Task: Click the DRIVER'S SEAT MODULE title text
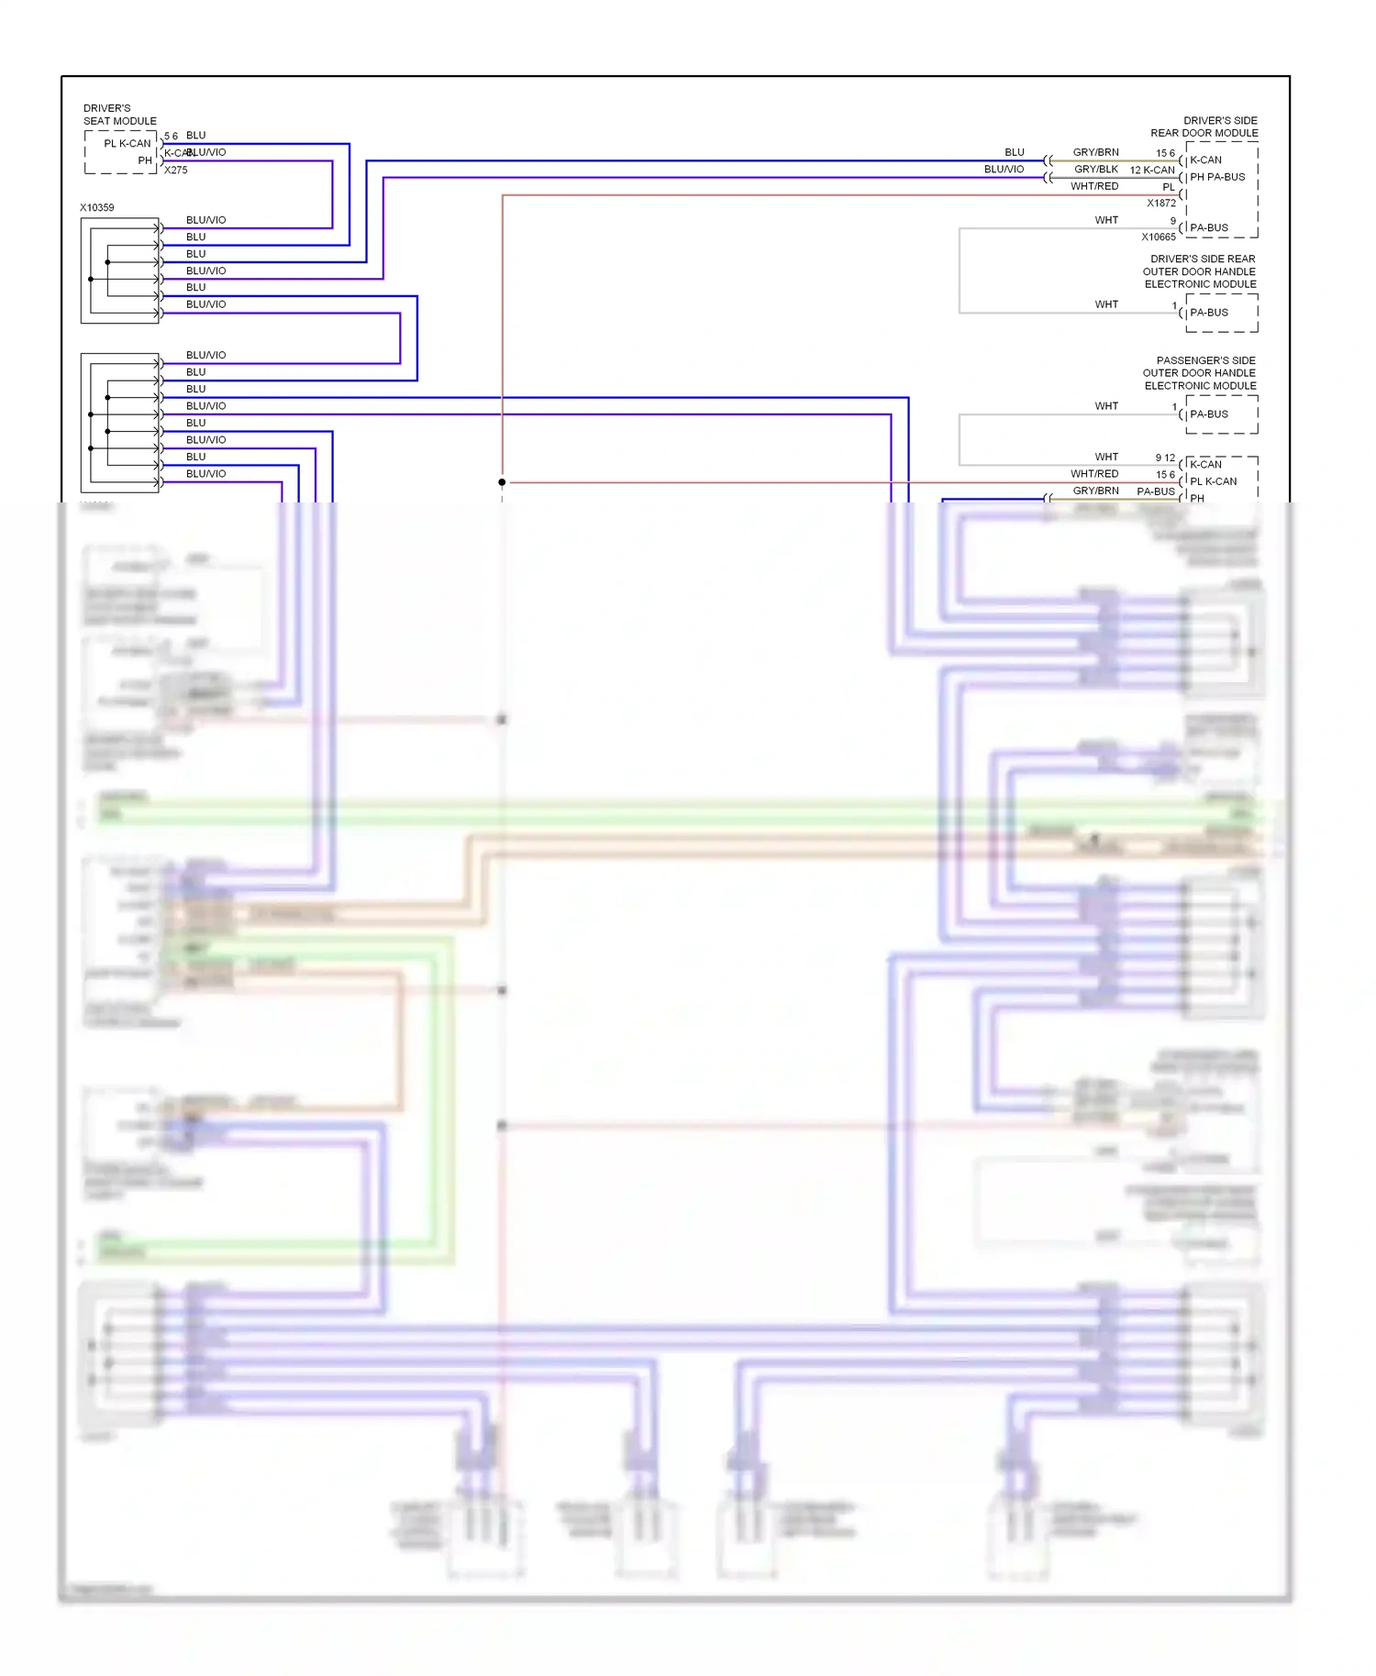[x=119, y=115]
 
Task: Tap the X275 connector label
[x=175, y=171]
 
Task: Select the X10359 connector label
[x=97, y=208]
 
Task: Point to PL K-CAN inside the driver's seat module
[x=127, y=144]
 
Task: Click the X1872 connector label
[x=1160, y=204]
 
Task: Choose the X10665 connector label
[x=1158, y=237]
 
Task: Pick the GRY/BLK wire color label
[x=1095, y=170]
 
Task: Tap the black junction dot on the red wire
[x=502, y=482]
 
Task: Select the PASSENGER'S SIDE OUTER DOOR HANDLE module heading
[x=1200, y=373]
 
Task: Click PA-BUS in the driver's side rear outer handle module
[x=1208, y=313]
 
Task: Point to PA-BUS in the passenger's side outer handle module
[x=1208, y=414]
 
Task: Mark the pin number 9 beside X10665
[x=1172, y=221]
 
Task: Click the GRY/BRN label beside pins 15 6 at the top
[x=1095, y=152]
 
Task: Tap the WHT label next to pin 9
[x=1106, y=220]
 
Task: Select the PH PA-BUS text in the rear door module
[x=1217, y=178]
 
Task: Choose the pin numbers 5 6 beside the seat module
[x=171, y=137]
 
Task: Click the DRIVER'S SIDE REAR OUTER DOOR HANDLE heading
[x=1200, y=271]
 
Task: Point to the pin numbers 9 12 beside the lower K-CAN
[x=1164, y=458]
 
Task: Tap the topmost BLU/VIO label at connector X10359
[x=205, y=220]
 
